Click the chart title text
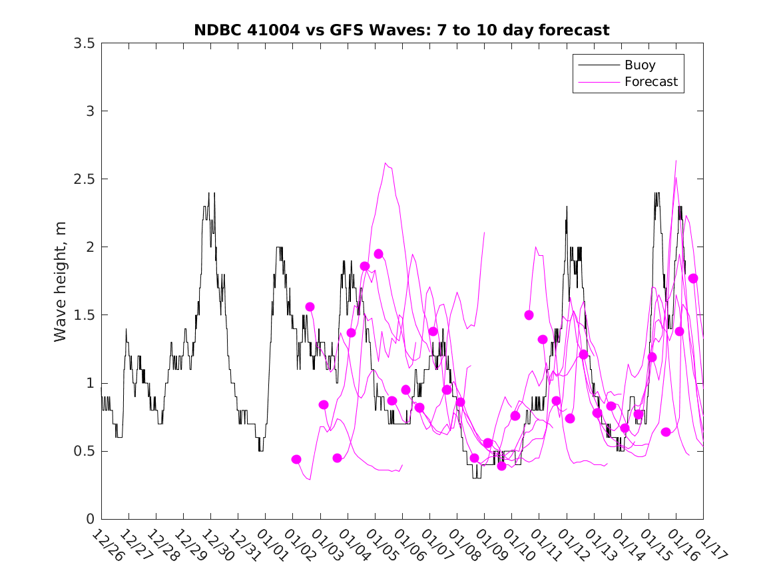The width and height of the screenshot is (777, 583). tap(401, 30)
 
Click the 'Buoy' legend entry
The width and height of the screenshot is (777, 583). tap(639, 65)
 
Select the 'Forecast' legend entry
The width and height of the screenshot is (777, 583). tap(650, 82)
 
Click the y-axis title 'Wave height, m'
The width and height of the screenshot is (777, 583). tap(61, 281)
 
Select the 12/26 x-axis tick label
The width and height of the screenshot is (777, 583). tap(106, 546)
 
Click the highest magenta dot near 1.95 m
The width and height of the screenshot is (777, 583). tap(379, 254)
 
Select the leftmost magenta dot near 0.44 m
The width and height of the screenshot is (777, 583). tap(296, 459)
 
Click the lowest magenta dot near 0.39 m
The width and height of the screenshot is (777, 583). tap(501, 466)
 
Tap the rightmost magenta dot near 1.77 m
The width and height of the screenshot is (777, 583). tap(692, 279)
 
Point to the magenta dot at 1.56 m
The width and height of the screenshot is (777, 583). tap(310, 306)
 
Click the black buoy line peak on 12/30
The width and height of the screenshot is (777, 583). tap(214, 193)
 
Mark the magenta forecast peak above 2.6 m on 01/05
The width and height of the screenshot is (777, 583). tap(386, 163)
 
